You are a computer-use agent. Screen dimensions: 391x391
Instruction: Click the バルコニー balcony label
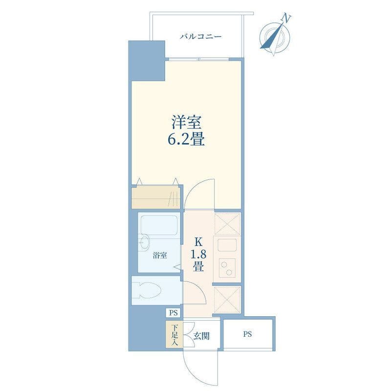tap(201, 37)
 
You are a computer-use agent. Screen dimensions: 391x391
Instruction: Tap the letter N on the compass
tap(286, 19)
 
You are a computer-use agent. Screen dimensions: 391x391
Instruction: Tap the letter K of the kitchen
tap(198, 241)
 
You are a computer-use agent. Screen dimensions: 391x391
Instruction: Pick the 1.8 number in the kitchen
tap(198, 254)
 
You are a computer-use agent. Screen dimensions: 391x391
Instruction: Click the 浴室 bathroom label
tap(160, 255)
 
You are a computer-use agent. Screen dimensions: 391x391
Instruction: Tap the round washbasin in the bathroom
tap(144, 242)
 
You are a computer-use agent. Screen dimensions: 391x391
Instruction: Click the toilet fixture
tap(147, 290)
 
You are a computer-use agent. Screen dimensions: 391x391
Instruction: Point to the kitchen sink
tap(227, 245)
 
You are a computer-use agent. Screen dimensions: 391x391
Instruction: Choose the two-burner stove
tap(227, 268)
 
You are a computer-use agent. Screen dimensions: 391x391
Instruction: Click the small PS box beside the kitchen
tap(174, 313)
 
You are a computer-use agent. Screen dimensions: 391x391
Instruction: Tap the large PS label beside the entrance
tap(248, 334)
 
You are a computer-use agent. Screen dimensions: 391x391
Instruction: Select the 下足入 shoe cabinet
tap(174, 334)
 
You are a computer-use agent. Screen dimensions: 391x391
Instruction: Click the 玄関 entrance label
tap(201, 336)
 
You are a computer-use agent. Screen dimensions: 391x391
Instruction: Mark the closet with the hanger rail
tap(156, 197)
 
